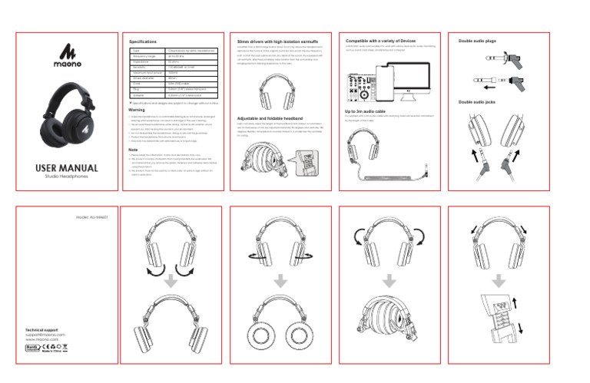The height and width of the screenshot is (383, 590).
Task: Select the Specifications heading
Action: (x=143, y=41)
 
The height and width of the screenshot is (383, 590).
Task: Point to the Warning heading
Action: (x=137, y=110)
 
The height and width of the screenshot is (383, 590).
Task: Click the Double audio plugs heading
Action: (x=476, y=41)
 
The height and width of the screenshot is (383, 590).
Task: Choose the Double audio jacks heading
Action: (x=476, y=101)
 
